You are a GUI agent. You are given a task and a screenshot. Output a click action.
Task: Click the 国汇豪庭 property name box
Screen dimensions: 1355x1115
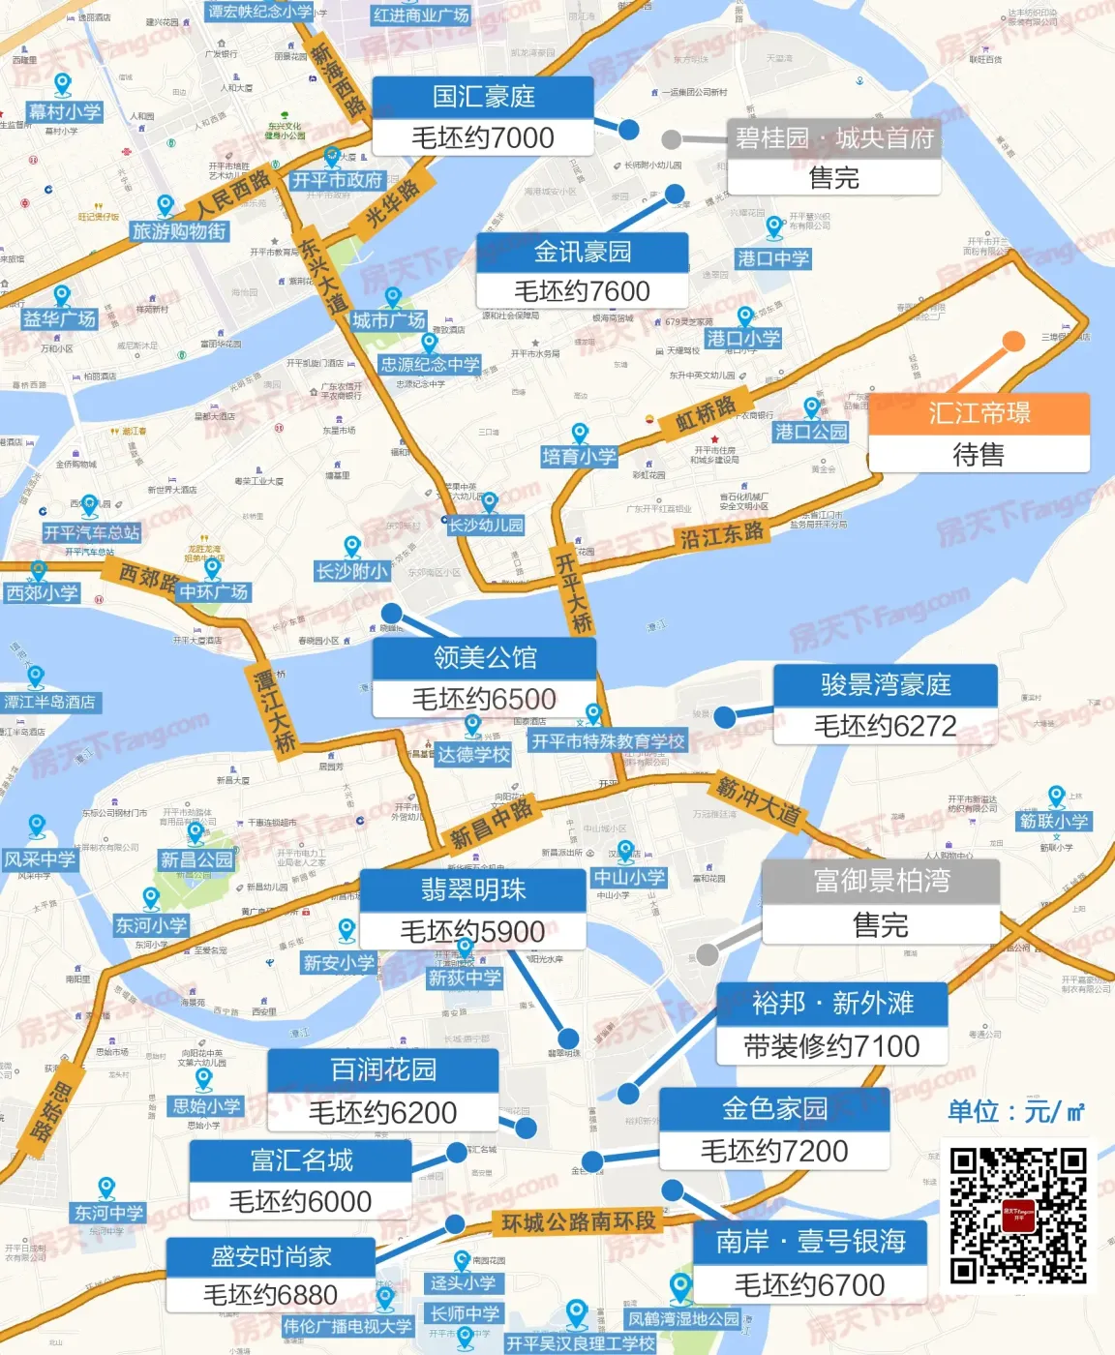click(x=483, y=97)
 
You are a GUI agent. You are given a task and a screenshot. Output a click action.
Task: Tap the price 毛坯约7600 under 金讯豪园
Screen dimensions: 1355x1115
click(x=582, y=291)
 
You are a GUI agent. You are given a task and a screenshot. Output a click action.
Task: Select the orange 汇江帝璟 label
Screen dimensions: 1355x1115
click(x=979, y=413)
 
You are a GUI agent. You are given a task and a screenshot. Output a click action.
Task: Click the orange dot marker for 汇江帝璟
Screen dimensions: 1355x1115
click(x=1013, y=342)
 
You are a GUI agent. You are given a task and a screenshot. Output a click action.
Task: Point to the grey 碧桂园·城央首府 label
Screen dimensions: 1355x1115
click(x=834, y=138)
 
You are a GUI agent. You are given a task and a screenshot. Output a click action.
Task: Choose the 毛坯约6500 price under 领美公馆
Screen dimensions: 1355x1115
click(x=484, y=699)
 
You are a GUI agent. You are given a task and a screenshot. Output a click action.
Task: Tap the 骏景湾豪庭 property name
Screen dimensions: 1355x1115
click(x=885, y=685)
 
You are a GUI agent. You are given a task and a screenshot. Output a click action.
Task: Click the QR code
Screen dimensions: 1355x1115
click(x=1017, y=1215)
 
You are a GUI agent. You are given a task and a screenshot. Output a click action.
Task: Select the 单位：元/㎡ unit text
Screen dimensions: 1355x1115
click(x=1015, y=1111)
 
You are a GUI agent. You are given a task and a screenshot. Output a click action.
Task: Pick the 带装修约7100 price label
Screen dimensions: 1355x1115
click(x=831, y=1046)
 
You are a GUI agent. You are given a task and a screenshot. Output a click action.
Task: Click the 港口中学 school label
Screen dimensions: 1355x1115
click(x=772, y=258)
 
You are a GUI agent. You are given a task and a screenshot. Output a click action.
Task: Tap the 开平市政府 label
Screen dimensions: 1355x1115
click(x=338, y=180)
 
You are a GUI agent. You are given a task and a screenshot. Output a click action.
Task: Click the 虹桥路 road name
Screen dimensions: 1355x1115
click(x=706, y=414)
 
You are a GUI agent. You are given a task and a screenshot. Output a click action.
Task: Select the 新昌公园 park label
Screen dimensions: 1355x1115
click(x=196, y=859)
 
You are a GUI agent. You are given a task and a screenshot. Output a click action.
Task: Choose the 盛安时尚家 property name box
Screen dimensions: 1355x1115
click(x=271, y=1256)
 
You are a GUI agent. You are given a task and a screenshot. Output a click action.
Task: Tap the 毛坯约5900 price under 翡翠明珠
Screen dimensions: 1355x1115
click(x=472, y=931)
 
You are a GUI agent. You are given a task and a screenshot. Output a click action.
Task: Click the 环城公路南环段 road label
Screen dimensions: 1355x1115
click(x=579, y=1222)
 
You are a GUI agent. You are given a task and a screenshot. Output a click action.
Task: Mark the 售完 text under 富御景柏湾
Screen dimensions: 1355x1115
click(x=880, y=925)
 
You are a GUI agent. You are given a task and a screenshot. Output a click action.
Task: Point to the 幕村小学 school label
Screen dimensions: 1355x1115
click(x=65, y=111)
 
